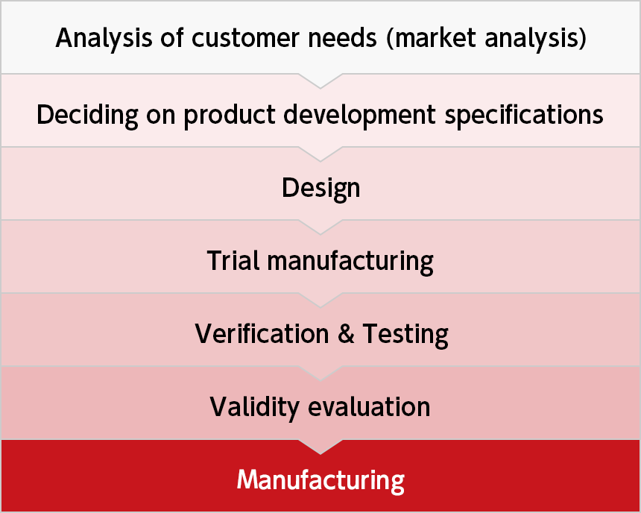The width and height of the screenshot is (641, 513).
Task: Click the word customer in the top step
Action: click(245, 38)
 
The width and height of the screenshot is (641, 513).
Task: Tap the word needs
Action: click(342, 38)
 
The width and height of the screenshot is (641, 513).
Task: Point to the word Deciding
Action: click(87, 115)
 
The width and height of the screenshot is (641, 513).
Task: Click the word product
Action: click(230, 116)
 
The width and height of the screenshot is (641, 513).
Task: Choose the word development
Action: click(359, 116)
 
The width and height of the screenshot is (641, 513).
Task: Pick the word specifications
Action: click(524, 116)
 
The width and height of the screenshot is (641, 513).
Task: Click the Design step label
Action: click(321, 189)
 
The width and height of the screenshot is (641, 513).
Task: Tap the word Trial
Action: click(233, 260)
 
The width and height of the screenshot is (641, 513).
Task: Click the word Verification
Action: click(262, 333)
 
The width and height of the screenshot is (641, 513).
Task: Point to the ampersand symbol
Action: click(346, 334)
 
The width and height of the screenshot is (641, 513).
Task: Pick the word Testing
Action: click(405, 335)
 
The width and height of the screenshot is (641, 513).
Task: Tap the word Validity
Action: click(254, 407)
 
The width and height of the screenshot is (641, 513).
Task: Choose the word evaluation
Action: click(369, 407)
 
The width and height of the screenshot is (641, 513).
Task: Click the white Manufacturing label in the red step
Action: click(320, 480)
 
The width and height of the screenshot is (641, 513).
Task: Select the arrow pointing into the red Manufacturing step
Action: click(320, 447)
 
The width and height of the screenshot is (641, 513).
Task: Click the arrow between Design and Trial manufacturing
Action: click(320, 227)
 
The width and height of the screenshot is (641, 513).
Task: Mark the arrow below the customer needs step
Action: click(320, 81)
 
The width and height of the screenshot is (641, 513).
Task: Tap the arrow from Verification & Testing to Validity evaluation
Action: click(320, 374)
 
